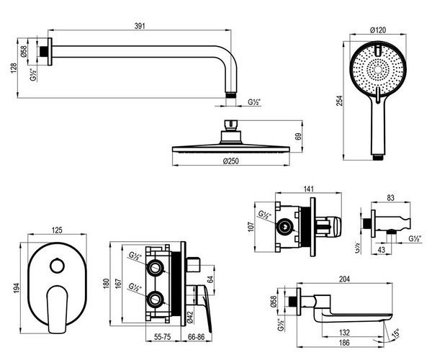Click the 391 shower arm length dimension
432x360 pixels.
(140, 26)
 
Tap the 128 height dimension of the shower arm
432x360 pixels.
(14, 68)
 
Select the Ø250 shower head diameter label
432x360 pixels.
(231, 161)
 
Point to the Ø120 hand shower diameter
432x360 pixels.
(378, 30)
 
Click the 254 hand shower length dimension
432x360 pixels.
(340, 101)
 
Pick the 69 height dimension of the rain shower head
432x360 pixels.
(299, 137)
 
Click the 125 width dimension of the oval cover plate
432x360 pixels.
(57, 230)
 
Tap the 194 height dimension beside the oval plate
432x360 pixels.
(17, 288)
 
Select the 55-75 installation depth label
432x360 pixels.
(163, 336)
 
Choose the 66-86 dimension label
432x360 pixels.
(196, 336)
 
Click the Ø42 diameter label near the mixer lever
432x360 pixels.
(190, 318)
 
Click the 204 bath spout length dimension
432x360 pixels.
(344, 279)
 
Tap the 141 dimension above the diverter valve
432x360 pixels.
(309, 189)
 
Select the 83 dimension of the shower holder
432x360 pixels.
(391, 198)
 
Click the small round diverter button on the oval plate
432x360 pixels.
(58, 266)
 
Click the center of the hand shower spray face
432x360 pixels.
(378, 70)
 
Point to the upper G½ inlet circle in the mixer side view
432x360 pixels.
(155, 267)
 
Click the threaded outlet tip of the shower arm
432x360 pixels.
(231, 95)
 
